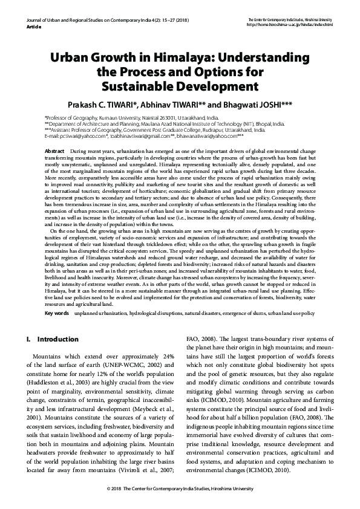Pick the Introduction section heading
pyautogui.click(x=57, y=339)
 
